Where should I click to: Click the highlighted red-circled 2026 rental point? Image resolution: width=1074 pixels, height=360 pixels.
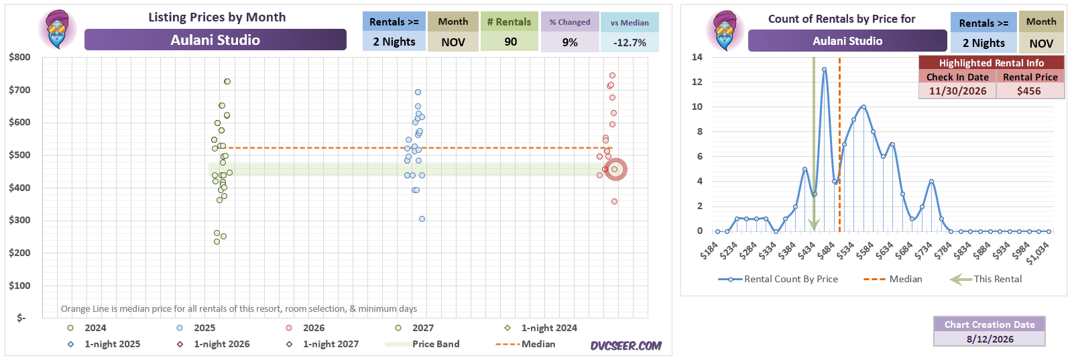pos(615,169)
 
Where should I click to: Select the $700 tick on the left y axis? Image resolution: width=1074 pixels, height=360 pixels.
pos(19,90)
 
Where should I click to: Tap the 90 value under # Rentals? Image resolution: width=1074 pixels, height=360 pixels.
pos(511,42)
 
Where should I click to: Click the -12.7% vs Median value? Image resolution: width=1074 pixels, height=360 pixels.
pos(630,43)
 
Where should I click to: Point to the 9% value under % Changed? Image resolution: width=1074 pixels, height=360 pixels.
pos(570,42)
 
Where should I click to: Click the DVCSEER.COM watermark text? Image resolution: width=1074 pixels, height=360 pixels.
pos(625,346)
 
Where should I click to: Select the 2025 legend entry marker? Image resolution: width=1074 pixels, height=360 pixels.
pos(180,328)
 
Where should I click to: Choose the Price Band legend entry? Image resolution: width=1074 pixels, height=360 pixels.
pos(422,344)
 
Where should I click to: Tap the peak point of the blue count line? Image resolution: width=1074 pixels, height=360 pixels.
pos(824,69)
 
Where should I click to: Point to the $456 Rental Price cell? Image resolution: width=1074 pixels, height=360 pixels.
pos(1029,91)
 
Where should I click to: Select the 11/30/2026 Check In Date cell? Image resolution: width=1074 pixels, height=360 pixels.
pos(957,91)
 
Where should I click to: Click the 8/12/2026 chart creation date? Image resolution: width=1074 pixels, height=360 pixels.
pos(990,339)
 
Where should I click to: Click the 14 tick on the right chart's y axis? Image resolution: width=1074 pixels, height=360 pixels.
pos(697,57)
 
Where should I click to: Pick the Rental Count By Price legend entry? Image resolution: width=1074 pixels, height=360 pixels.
pos(778,279)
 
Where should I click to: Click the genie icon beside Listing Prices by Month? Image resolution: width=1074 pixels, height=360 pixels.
pos(58,29)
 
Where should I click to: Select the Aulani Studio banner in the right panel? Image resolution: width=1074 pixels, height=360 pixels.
pos(847,41)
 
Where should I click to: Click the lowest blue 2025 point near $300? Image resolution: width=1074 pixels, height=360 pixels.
pos(422,219)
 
